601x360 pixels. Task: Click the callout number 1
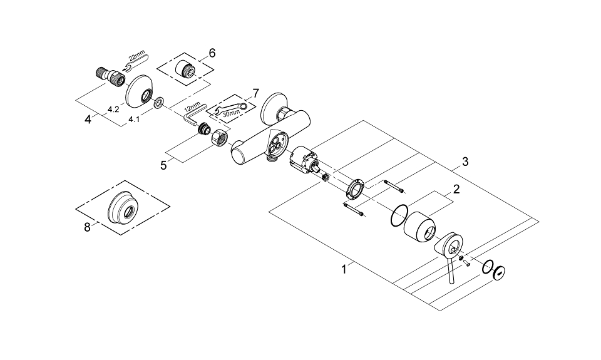(x=344, y=270)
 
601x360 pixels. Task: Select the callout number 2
(x=456, y=188)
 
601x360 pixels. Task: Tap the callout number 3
(x=465, y=162)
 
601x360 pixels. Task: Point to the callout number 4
(x=88, y=119)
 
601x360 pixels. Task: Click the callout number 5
(x=164, y=165)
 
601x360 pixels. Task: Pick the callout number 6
(x=212, y=53)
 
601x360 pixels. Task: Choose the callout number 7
(x=254, y=93)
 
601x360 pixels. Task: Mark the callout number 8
(x=87, y=227)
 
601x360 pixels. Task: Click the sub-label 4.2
(x=113, y=109)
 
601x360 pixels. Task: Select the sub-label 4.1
(x=134, y=118)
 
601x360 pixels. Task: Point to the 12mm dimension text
(x=193, y=108)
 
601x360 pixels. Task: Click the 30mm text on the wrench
(x=230, y=113)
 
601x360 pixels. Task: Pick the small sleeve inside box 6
(x=187, y=69)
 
